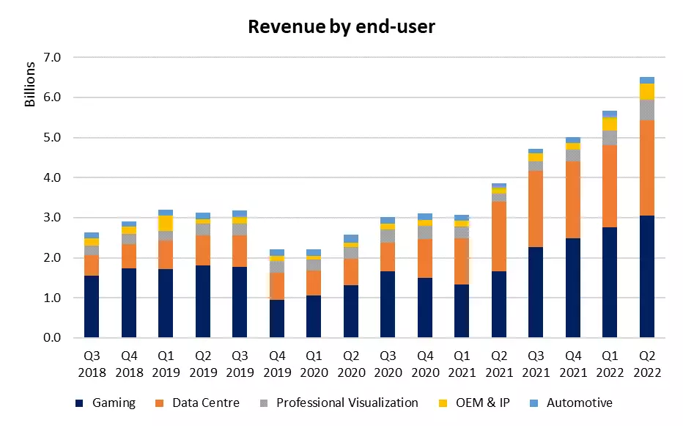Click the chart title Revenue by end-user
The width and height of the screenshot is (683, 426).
click(341, 27)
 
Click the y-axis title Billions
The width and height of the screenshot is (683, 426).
click(30, 85)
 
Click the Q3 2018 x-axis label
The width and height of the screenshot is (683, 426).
click(92, 364)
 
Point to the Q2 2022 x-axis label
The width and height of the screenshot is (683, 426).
click(646, 364)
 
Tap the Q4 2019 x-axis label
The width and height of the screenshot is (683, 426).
click(277, 364)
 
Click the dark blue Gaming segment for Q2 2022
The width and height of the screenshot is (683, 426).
click(646, 276)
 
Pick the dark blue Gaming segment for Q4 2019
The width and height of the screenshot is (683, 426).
click(277, 319)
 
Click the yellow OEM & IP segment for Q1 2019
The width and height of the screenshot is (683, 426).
click(166, 223)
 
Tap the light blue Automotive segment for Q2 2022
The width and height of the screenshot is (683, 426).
click(646, 80)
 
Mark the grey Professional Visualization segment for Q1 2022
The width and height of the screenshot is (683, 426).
click(610, 138)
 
